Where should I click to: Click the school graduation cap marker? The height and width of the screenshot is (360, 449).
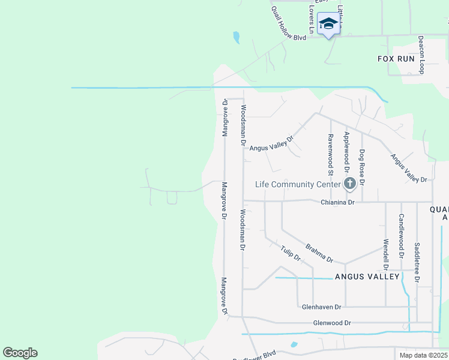(x=328, y=24)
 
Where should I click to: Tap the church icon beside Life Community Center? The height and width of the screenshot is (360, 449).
(x=349, y=184)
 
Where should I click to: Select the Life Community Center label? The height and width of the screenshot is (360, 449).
(x=298, y=184)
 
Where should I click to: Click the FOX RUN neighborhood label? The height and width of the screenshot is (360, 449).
(x=396, y=59)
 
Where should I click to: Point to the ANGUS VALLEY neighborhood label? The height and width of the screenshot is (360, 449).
(x=367, y=277)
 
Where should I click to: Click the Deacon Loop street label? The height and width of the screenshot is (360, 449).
(x=421, y=55)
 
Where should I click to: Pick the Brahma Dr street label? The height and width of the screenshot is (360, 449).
(x=319, y=253)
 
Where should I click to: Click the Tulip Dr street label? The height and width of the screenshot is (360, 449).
(x=291, y=253)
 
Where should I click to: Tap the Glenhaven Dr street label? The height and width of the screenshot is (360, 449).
(x=321, y=307)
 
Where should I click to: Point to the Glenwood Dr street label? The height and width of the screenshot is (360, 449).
(x=332, y=323)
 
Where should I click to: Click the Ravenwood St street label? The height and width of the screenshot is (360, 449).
(x=330, y=151)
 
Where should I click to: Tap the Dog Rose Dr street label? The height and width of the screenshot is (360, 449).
(x=361, y=167)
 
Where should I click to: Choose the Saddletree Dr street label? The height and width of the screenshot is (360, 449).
(x=417, y=262)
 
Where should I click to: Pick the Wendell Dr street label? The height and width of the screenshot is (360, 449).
(x=385, y=255)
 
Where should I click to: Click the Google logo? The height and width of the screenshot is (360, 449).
(x=20, y=353)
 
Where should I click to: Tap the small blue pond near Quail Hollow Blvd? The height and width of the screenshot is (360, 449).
(x=237, y=37)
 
